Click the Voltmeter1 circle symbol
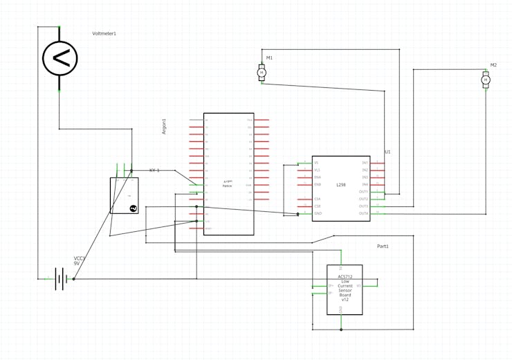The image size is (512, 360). click(60, 58)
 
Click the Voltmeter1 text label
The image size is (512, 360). click(104, 34)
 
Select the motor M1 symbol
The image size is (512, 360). click(262, 72)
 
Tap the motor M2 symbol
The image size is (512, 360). click(486, 80)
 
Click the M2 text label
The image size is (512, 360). click(493, 65)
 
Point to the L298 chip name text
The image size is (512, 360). click(340, 185)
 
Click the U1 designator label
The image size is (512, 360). click(387, 152)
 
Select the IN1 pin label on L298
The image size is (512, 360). click(365, 163)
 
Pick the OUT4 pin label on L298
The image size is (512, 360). click(363, 213)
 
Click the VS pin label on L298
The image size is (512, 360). click(317, 163)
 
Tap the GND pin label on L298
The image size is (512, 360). click(318, 213)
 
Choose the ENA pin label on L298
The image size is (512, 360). click(318, 177)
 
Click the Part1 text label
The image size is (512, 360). click(383, 246)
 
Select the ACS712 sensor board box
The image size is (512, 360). click(345, 289)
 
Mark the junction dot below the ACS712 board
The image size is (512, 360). click(341, 330)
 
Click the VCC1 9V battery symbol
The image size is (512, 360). click(62, 279)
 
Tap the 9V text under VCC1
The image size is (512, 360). click(77, 264)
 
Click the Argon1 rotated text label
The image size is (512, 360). click(183, 126)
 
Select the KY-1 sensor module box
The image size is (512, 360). click(124, 195)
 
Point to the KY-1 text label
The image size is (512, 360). click(154, 170)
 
